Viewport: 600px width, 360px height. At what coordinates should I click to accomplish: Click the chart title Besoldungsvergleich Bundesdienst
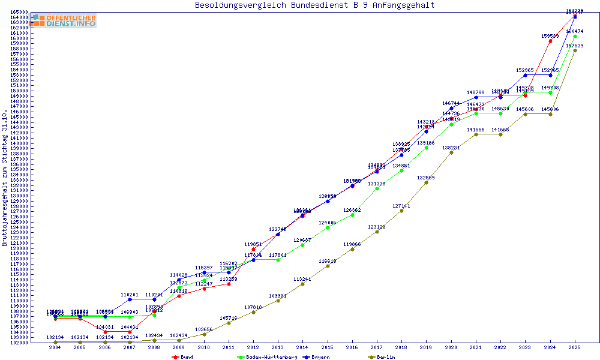tap(314, 5)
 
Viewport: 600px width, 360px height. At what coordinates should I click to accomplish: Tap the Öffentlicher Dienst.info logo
tap(64, 20)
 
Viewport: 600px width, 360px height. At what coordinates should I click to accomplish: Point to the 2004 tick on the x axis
tap(55, 348)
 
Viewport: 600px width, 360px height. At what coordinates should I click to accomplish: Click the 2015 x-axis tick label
tap(327, 348)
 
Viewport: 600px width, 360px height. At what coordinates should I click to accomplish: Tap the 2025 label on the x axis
tap(575, 348)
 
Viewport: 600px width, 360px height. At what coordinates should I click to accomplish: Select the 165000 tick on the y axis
tap(17, 12)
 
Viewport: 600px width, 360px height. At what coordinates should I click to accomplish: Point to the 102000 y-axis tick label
tap(17, 343)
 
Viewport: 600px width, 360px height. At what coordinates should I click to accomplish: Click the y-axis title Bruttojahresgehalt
tap(5, 178)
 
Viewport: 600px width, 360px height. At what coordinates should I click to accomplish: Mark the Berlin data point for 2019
tap(426, 182)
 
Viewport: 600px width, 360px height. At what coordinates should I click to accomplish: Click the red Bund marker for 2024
tap(550, 41)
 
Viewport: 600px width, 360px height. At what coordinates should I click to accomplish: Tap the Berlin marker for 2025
tap(575, 50)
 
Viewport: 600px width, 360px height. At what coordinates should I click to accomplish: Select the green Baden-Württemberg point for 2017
tap(377, 188)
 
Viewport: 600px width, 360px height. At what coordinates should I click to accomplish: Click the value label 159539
tap(550, 35)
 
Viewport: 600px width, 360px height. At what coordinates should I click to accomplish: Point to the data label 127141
tap(401, 206)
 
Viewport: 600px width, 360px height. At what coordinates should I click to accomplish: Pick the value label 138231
tap(451, 147)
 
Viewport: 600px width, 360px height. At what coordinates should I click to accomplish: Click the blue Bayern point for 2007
tap(130, 299)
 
